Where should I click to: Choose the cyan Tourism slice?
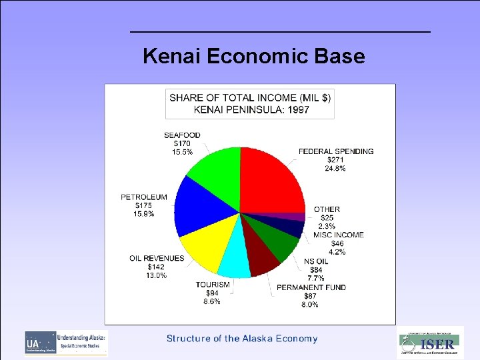[234, 261]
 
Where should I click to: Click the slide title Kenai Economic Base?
[254, 56]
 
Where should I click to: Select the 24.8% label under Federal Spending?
[336, 169]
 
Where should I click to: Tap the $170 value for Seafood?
[182, 143]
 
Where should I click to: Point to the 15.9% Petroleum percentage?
[143, 214]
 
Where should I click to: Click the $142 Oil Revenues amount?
[157, 267]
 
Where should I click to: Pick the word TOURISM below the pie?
[213, 285]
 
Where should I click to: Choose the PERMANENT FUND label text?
[311, 287]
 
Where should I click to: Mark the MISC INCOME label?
[339, 235]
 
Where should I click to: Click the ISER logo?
[430, 343]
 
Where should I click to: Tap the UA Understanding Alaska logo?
[66, 343]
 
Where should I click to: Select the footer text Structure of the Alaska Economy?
[242, 339]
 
